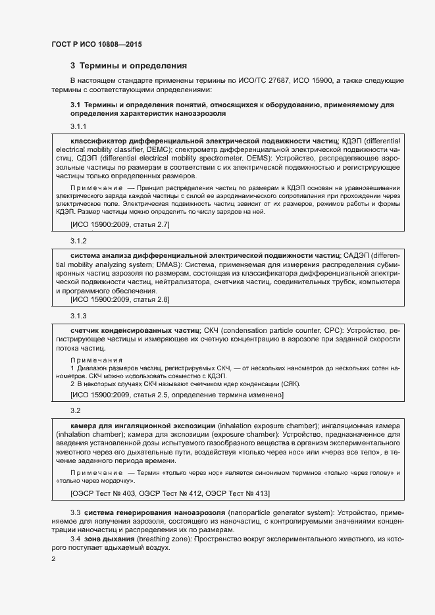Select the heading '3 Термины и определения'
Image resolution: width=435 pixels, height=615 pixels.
coord(129,66)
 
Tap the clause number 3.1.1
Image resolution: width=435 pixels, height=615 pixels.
coord(79,126)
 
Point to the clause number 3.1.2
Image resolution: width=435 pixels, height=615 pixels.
coord(79,241)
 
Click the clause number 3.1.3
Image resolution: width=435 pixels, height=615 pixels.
coord(79,316)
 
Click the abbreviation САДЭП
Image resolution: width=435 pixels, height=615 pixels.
coord(355,255)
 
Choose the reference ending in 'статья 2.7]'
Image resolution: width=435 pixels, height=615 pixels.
coord(120,225)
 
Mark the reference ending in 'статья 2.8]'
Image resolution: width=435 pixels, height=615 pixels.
coord(120,300)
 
